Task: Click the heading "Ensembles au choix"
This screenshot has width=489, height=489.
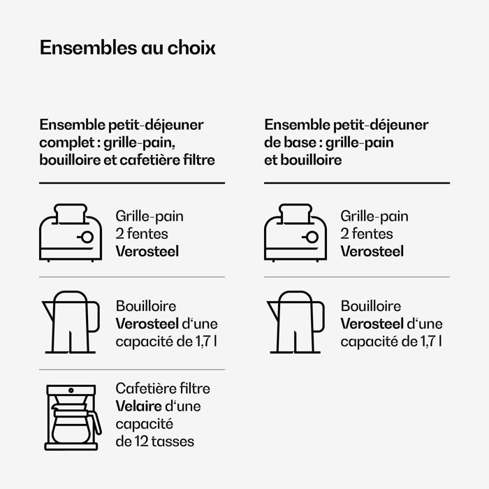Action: pyautogui.click(x=128, y=48)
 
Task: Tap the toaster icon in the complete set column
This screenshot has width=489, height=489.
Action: pyautogui.click(x=71, y=233)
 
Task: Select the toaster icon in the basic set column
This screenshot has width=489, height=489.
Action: pyautogui.click(x=295, y=233)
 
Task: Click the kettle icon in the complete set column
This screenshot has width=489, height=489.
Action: pyautogui.click(x=71, y=322)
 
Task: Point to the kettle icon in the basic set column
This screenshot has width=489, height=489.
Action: pyautogui.click(x=295, y=322)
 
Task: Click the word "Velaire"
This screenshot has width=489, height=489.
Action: pyautogui.click(x=139, y=406)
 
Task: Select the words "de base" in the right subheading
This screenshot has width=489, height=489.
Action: pyautogui.click(x=291, y=143)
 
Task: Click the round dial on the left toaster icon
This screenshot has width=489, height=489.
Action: pyautogui.click(x=87, y=238)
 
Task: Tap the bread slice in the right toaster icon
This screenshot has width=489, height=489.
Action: pyautogui.click(x=295, y=213)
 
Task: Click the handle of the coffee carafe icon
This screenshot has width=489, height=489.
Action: pyautogui.click(x=96, y=422)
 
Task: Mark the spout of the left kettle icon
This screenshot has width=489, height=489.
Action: pyautogui.click(x=48, y=311)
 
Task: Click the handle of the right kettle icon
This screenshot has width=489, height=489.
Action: pyautogui.click(x=318, y=317)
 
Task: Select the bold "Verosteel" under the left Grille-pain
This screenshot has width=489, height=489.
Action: pyautogui.click(x=147, y=251)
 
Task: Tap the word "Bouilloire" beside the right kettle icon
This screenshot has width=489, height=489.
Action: pyautogui.click(x=371, y=306)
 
